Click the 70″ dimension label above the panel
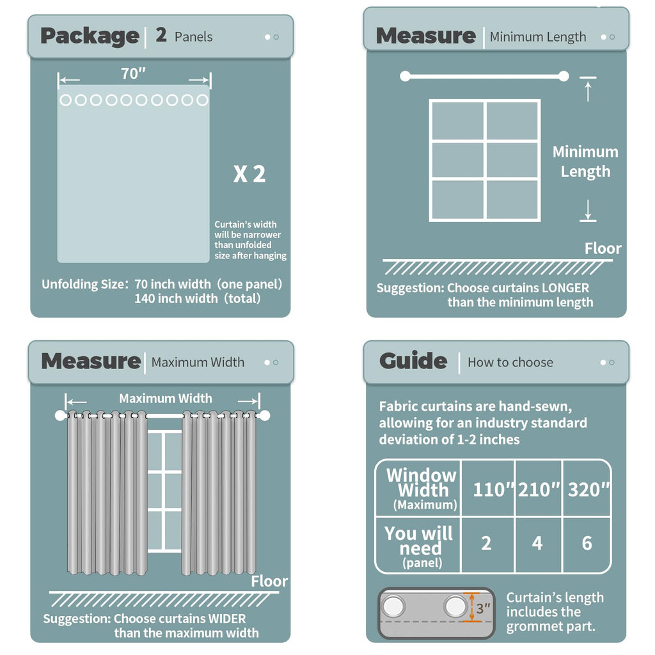tap(133, 74)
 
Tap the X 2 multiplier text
tap(249, 174)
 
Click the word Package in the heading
tap(90, 36)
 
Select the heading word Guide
tap(413, 361)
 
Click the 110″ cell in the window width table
tap(488, 489)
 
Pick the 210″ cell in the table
tap(539, 489)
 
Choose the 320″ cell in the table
tap(587, 489)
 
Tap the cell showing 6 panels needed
tap(587, 544)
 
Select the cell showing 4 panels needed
tap(537, 544)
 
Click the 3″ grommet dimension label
tap(484, 608)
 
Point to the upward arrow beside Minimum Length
tap(588, 91)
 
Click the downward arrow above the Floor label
tap(588, 209)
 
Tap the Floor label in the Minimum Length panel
tap(603, 249)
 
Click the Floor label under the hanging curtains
tap(269, 581)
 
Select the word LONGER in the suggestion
tap(565, 288)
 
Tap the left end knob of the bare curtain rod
tap(405, 76)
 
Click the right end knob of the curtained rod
tap(264, 416)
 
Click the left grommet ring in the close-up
tap(394, 606)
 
